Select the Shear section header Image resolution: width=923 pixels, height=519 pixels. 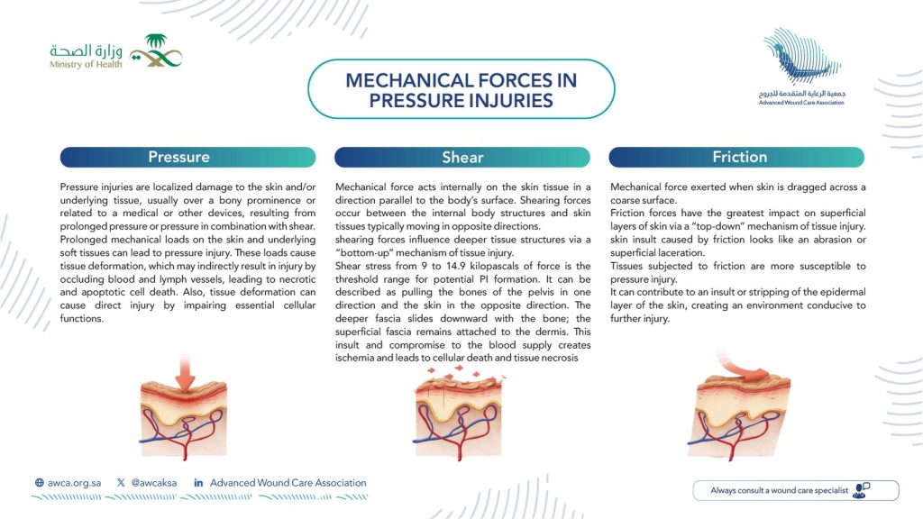462,157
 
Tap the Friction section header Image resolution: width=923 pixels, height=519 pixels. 738,157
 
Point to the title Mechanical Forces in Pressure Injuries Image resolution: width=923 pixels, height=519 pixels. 461,90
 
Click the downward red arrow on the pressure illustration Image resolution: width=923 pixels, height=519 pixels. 185,380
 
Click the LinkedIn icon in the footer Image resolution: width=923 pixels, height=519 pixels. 198,483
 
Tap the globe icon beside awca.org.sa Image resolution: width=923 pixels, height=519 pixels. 39,483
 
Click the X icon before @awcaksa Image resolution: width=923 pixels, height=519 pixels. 121,483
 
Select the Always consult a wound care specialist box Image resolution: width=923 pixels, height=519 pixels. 795,490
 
